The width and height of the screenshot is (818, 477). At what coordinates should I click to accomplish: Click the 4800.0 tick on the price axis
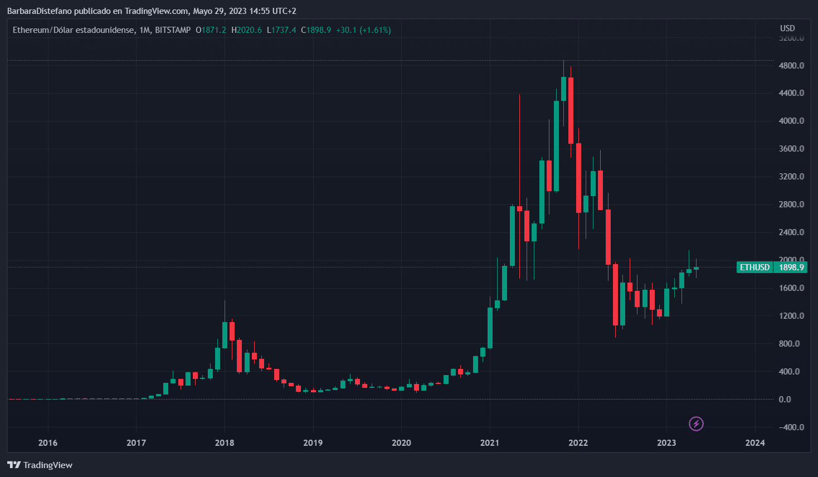(791, 65)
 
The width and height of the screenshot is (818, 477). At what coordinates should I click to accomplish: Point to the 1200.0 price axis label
(791, 316)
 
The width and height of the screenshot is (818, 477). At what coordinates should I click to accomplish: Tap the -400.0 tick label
(791, 427)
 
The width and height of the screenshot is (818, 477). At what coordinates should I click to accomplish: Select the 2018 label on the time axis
(225, 443)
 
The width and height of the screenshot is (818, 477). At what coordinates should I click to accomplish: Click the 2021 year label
(490, 443)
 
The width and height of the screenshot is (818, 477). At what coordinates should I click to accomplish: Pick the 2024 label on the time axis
(755, 443)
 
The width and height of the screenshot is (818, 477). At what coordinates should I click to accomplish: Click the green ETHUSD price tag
(754, 267)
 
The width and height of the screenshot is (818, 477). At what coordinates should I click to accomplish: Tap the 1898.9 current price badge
(791, 267)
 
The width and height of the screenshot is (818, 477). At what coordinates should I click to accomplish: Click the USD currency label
(787, 28)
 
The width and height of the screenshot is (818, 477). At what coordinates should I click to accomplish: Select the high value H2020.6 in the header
(246, 30)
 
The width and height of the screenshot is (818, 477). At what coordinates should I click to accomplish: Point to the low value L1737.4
(281, 30)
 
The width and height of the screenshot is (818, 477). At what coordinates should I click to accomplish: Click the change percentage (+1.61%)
(375, 30)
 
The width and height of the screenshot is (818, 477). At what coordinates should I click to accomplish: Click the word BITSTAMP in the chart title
(173, 30)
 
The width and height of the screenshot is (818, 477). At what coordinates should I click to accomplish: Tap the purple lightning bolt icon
(696, 424)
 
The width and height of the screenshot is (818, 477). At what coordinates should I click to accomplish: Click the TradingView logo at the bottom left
(40, 465)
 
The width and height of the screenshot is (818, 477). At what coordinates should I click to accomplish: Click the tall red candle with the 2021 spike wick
(519, 208)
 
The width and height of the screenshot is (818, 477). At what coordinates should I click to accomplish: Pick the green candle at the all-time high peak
(563, 89)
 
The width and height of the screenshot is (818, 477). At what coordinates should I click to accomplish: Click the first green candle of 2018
(225, 335)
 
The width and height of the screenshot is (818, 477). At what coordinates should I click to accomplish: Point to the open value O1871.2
(211, 30)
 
